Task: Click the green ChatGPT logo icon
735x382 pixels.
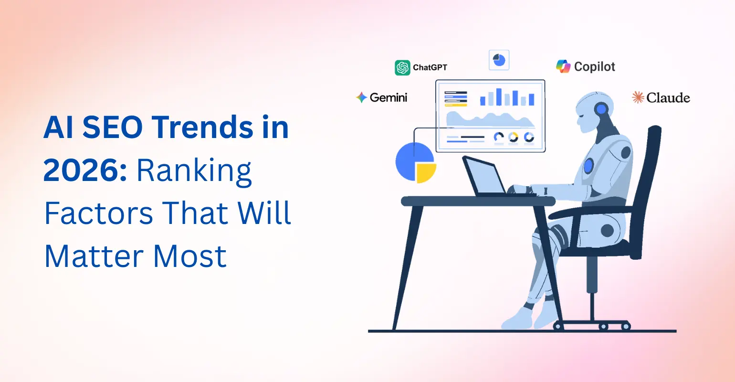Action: [x=402, y=68]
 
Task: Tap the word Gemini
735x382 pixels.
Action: [x=388, y=97]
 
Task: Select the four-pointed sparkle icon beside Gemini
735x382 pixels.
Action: [x=361, y=97]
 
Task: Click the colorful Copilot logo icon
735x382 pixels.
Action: [x=563, y=66]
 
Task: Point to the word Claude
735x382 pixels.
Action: [x=668, y=98]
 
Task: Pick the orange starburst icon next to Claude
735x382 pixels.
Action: [x=638, y=97]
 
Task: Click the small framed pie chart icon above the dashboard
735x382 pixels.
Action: [x=499, y=60]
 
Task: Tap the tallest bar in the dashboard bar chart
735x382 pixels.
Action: [x=499, y=96]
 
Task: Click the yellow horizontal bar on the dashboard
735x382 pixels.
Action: [x=455, y=104]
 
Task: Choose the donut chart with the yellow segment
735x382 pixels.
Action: [x=513, y=138]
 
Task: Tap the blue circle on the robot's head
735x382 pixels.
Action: [x=601, y=109]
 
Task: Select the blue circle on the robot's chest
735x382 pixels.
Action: [x=588, y=166]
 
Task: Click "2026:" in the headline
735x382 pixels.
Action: [x=85, y=170]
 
